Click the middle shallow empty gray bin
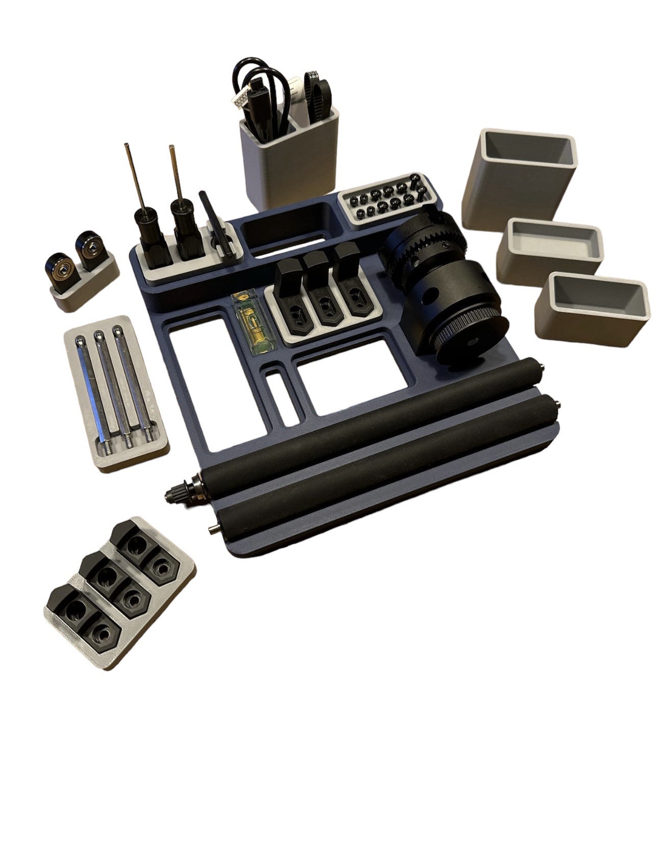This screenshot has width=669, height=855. click(x=549, y=250)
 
